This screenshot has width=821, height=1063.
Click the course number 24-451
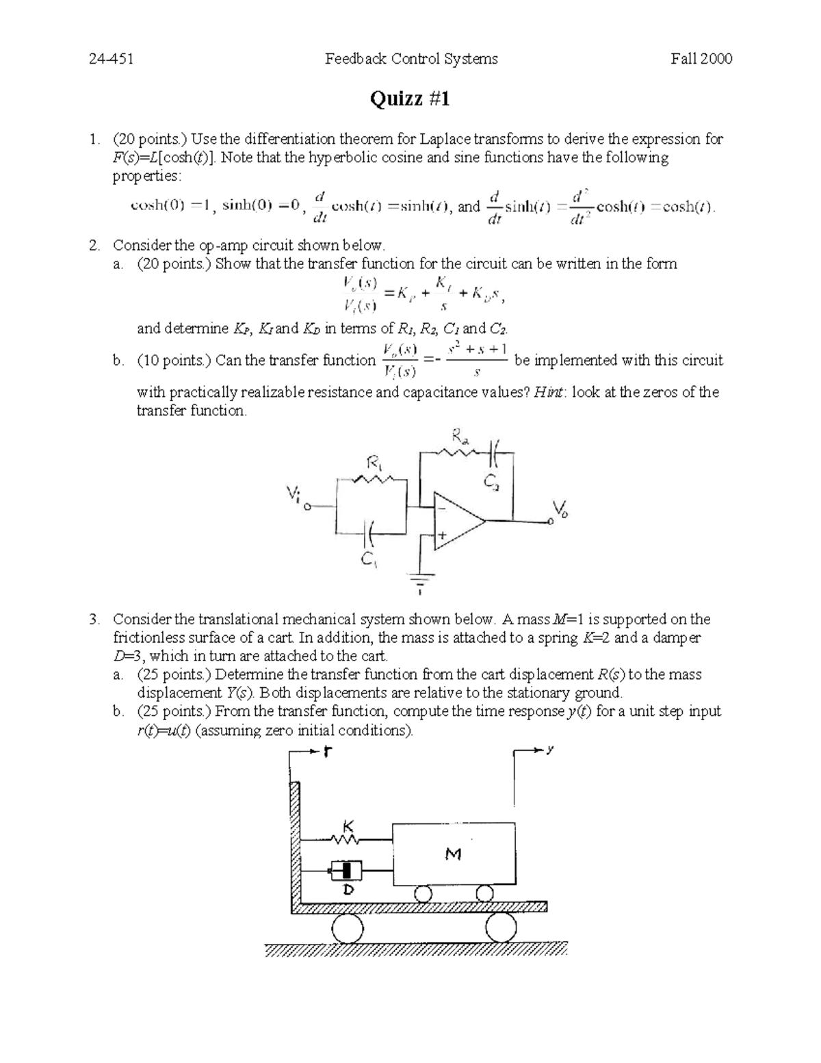tap(111, 59)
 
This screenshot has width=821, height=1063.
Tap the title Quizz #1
tap(410, 99)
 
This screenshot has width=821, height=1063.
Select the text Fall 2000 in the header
tap(701, 59)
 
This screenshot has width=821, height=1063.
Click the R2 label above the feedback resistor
tap(458, 436)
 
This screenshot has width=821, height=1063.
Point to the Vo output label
tap(560, 510)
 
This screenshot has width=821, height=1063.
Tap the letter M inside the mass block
tap(453, 854)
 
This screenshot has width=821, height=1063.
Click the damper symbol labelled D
tap(347, 871)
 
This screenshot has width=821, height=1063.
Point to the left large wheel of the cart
tap(348, 930)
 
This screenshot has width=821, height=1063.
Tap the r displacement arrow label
tap(328, 752)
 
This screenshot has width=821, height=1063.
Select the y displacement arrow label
tap(549, 750)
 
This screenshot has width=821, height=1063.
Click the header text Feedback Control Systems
tap(411, 59)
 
